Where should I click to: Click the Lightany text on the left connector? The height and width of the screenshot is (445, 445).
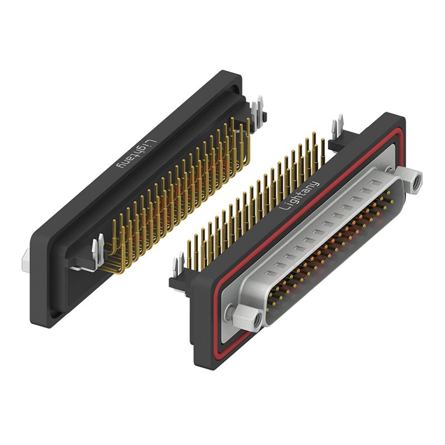click(x=137, y=154)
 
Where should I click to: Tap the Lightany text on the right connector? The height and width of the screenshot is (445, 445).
click(x=299, y=196)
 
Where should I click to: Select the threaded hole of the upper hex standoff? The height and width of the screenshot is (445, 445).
click(x=417, y=180)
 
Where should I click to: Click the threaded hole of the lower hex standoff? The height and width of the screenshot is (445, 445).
click(x=258, y=321)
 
